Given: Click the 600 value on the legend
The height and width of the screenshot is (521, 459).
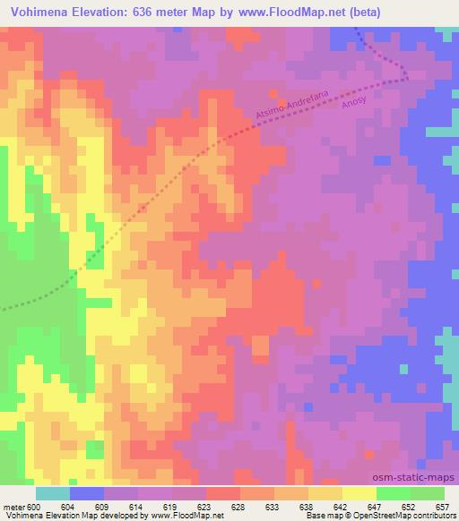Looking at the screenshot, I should point(35,507).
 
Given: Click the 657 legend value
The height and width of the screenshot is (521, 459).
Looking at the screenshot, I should point(443,507).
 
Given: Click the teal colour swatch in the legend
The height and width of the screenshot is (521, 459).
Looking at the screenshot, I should point(52,493).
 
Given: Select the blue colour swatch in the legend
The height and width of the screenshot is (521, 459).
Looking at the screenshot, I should point(87,493).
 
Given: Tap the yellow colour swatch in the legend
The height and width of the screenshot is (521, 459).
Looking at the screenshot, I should point(359,493).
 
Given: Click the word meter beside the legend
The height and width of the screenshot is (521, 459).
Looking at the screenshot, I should point(13,507).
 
